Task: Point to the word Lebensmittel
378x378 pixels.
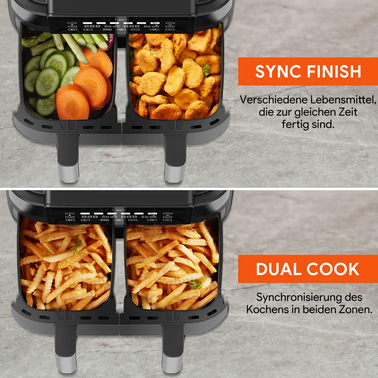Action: coord(343,100)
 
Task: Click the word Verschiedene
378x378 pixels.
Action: coord(274,100)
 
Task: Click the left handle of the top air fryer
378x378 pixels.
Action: coord(68,158)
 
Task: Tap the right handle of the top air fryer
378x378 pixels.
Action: coord(175,158)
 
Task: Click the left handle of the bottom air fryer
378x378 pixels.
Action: coord(66,349)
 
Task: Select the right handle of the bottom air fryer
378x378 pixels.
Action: coord(173,349)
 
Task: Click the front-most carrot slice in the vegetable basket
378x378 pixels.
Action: coord(72,103)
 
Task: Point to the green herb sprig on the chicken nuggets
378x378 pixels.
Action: coord(206,70)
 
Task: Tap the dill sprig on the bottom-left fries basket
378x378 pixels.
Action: coord(76,245)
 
